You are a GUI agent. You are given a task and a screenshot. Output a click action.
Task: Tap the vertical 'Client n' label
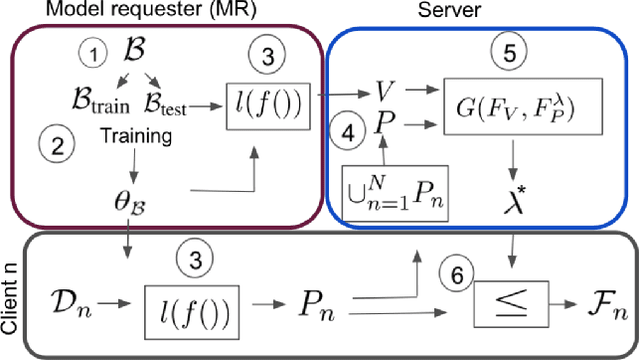[x=9, y=298]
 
